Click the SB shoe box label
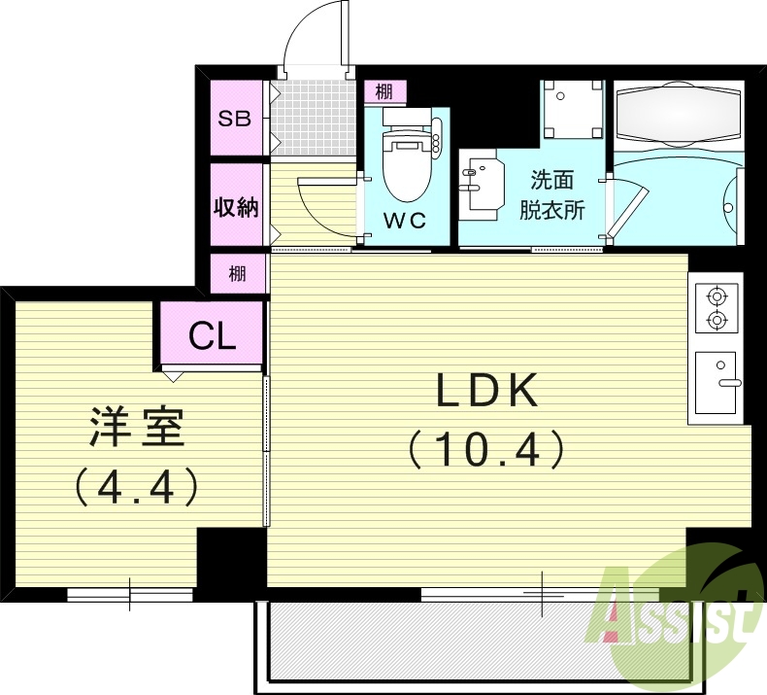tap(234, 119)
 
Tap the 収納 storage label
tap(236, 207)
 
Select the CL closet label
tap(213, 336)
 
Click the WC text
tap(405, 221)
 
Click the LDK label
tap(485, 392)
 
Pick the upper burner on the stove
tap(717, 295)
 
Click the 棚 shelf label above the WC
tap(384, 92)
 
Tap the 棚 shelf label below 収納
tap(237, 273)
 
